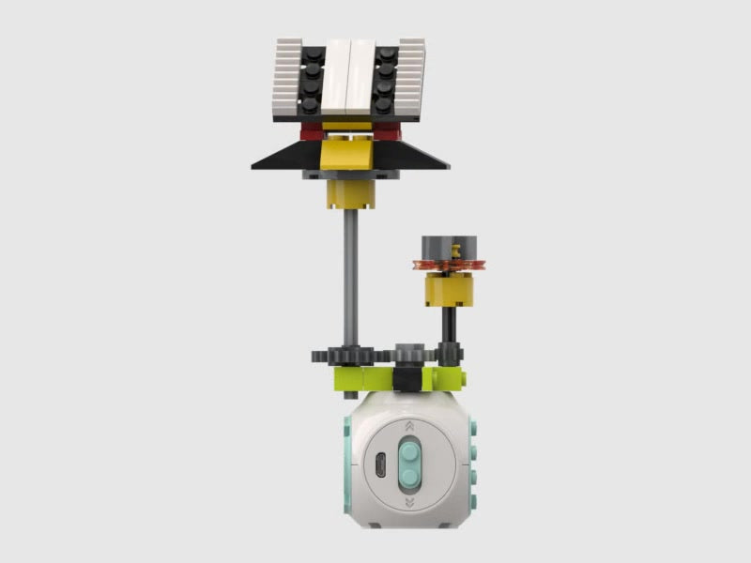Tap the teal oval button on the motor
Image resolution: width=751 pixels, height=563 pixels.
pos(409,463)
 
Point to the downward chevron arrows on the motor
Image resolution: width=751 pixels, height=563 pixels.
pos(409,503)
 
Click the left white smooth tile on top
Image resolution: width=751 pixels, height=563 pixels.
pos(336,79)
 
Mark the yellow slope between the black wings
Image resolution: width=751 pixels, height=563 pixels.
pos(349,154)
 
